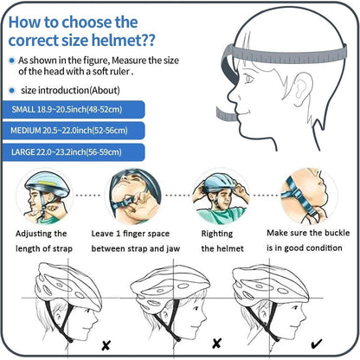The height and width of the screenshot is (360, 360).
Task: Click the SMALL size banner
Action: tap(74, 110)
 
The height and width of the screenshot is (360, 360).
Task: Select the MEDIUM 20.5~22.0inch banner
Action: tap(74, 131)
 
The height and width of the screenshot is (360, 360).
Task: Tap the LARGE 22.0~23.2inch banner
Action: tap(74, 152)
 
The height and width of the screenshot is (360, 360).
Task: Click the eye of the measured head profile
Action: tap(248, 79)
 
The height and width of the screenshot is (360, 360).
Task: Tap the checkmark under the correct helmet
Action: tap(317, 344)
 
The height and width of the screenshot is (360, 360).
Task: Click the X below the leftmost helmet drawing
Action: tap(106, 345)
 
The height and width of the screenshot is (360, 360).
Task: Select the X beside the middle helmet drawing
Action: tap(216, 344)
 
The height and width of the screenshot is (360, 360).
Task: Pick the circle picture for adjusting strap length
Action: tap(45, 197)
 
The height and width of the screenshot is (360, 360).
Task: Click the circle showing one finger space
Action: tap(133, 197)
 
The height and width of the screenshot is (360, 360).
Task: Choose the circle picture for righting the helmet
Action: tap(222, 197)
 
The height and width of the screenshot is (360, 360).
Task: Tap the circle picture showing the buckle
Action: tap(309, 196)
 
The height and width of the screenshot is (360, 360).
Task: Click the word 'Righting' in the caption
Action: tap(217, 234)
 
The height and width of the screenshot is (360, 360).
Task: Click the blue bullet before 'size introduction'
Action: tap(12, 91)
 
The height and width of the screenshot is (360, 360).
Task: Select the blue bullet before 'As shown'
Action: tap(12, 61)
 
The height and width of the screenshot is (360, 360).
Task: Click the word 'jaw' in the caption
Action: tap(173, 248)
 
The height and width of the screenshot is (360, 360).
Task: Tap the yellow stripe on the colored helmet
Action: tap(47, 184)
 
